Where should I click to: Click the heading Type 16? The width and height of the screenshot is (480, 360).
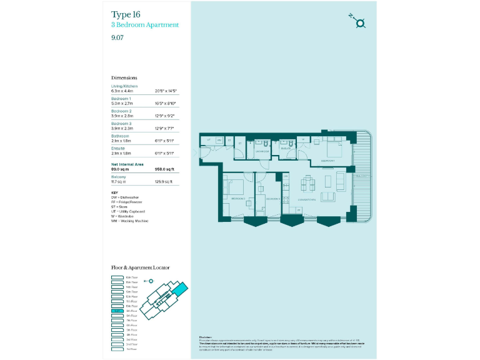(126, 14)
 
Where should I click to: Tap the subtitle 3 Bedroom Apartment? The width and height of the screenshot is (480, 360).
(145, 25)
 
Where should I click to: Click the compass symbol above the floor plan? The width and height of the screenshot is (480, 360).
(359, 23)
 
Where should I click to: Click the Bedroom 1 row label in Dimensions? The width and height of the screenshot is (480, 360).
(121, 99)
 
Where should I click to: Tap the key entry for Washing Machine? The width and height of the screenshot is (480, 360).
(129, 221)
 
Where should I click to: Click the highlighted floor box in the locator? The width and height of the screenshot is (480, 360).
(117, 311)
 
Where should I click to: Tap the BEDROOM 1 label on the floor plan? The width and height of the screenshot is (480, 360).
(328, 161)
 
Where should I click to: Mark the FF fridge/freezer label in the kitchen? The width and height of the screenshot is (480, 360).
(286, 177)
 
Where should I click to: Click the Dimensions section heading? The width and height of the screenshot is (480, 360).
(124, 78)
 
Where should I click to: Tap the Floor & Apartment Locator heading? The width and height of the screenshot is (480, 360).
(140, 267)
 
